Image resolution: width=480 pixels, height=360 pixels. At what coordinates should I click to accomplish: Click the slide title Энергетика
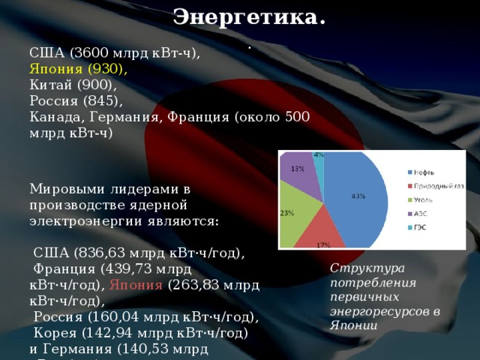pos(249,16)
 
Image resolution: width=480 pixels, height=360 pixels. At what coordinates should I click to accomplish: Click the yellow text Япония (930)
pos(78,68)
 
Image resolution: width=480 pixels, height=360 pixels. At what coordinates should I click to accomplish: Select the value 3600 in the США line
pos(91,53)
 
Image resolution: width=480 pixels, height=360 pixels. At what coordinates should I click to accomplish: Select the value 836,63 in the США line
pos(101,253)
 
